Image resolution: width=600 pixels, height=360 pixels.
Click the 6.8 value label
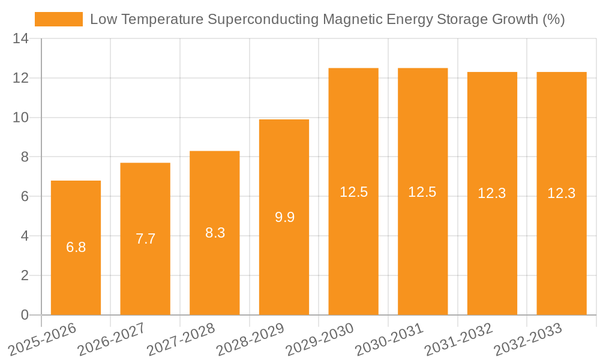pyautogui.click(x=76, y=247)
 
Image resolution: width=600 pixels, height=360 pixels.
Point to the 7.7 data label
pyautogui.click(x=145, y=239)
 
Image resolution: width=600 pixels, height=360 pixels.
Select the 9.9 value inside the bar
pyautogui.click(x=284, y=217)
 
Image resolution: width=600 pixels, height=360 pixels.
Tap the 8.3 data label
pyautogui.click(x=215, y=233)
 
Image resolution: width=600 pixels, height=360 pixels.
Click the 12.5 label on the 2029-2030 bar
pyautogui.click(x=353, y=192)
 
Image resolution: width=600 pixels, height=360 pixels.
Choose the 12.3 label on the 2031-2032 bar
pyautogui.click(x=492, y=193)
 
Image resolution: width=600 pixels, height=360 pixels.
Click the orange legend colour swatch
pyautogui.click(x=58, y=19)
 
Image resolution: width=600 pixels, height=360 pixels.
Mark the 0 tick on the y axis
pyautogui.click(x=25, y=315)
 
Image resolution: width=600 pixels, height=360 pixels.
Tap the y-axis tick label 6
pyautogui.click(x=25, y=197)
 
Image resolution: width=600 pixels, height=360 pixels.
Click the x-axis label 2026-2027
pyautogui.click(x=112, y=339)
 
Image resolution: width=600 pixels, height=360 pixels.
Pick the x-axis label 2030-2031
pyautogui.click(x=389, y=339)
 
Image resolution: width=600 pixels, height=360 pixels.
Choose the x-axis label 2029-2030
pyautogui.click(x=320, y=339)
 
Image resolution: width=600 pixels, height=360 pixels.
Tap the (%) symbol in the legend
pyautogui.click(x=553, y=19)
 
